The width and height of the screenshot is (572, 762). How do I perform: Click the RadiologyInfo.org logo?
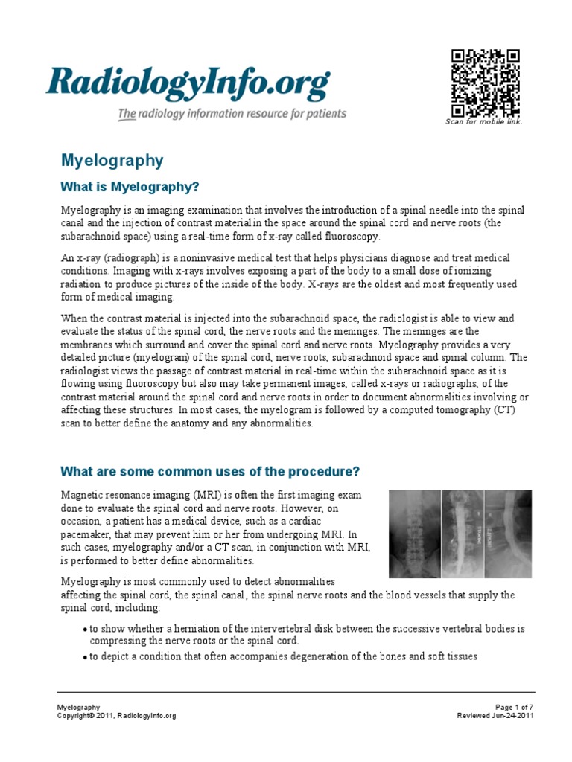point(187,83)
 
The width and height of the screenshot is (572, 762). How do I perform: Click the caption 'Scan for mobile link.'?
point(484,121)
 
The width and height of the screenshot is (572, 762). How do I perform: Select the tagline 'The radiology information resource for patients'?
point(231,114)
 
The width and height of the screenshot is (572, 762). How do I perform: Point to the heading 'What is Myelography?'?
point(130,185)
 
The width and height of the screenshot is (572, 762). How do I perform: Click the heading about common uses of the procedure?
point(210,472)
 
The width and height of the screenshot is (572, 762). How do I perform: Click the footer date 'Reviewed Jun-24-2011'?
point(495,715)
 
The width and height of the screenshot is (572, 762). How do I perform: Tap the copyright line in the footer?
point(117,715)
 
